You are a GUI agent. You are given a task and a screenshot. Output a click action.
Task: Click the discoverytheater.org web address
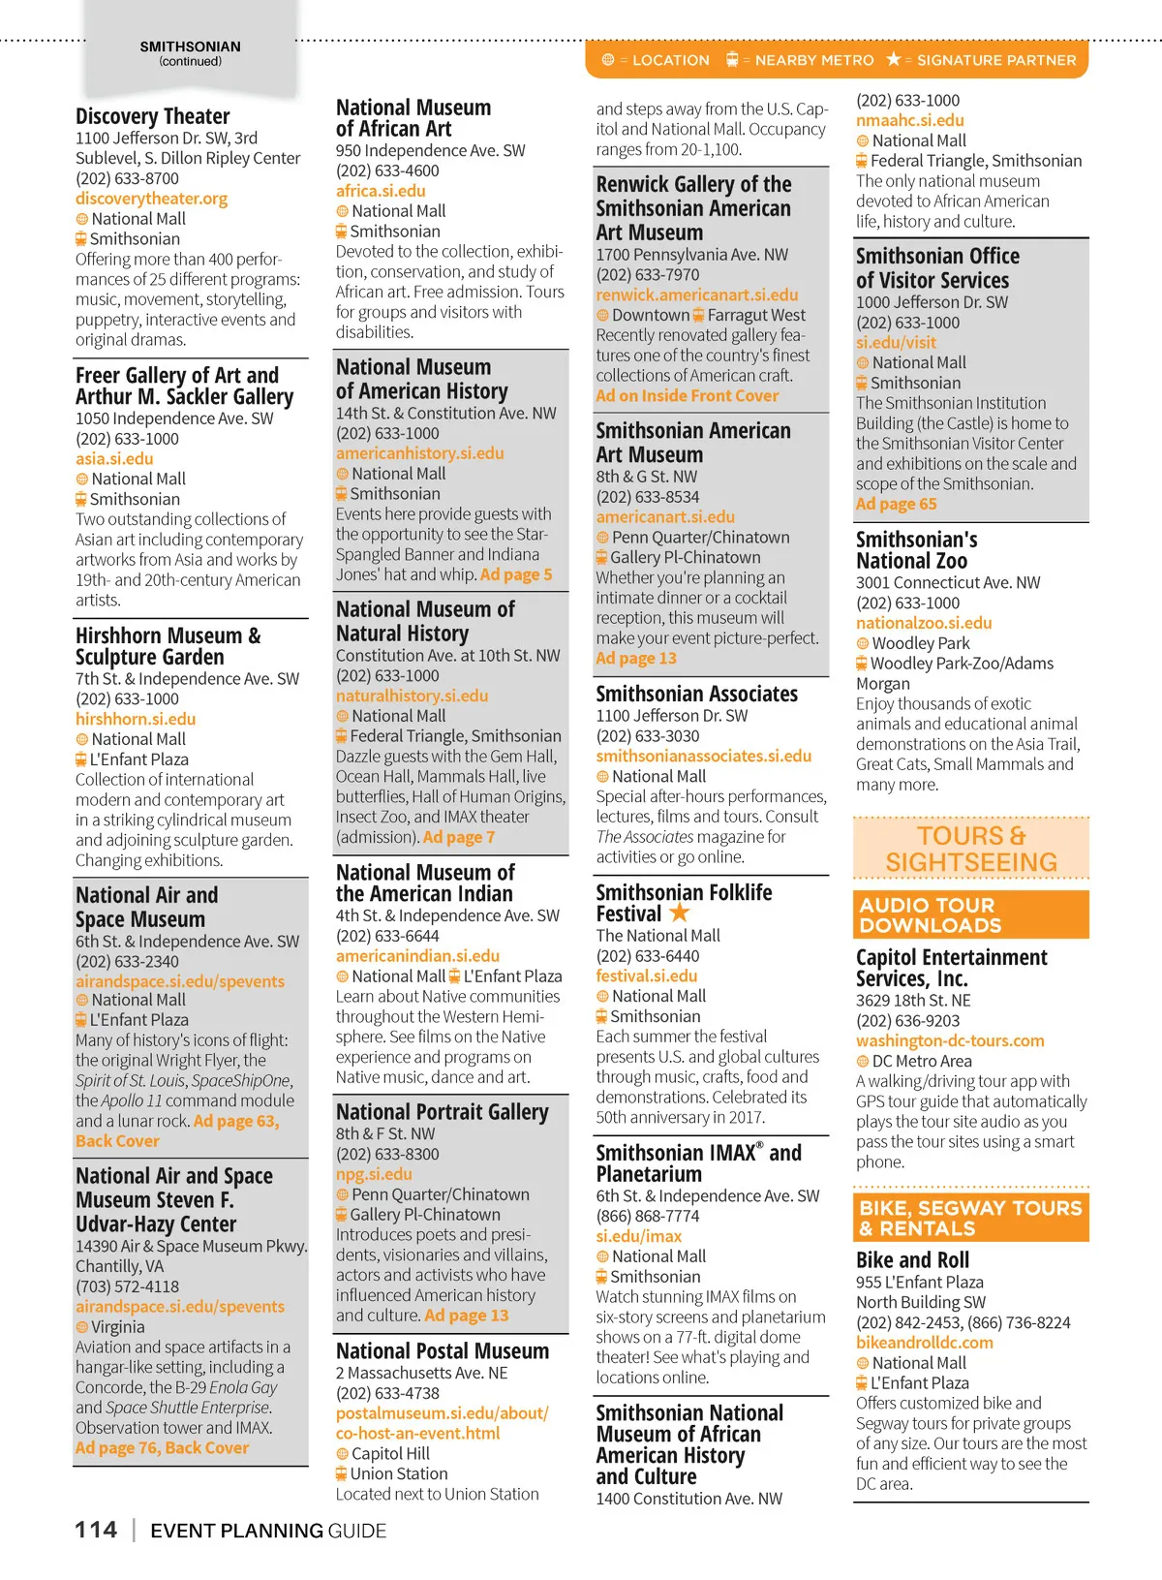point(151,199)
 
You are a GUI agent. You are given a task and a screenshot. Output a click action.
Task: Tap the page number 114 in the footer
point(96,1530)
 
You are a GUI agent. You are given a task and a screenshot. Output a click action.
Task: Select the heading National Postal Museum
point(442,1350)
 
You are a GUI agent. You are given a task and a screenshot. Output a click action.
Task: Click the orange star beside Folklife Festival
point(680,913)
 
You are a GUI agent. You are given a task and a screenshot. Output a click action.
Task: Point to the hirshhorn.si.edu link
point(136,719)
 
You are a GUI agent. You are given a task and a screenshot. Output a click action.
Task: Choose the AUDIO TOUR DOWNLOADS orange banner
point(970,915)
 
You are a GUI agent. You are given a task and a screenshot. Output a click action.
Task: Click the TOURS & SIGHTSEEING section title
point(970,849)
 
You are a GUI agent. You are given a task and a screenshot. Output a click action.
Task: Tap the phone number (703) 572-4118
point(127,1286)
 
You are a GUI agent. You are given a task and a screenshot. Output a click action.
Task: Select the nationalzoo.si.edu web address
point(923,623)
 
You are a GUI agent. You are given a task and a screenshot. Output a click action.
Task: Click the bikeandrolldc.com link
point(924,1343)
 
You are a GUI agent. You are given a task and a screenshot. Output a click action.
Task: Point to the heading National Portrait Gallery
point(442,1112)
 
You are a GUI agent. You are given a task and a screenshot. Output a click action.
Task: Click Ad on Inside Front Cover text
point(687,395)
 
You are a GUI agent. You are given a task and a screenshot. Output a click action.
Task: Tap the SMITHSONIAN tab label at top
point(190,46)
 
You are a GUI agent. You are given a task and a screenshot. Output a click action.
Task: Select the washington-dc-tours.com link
point(949,1040)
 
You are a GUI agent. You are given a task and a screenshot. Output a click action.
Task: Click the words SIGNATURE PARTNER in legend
point(995,60)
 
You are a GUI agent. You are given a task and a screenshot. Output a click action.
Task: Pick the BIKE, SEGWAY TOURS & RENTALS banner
point(970,1219)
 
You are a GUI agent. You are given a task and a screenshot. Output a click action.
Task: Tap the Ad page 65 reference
point(896,504)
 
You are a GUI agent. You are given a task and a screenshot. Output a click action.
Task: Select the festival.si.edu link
point(646,976)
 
